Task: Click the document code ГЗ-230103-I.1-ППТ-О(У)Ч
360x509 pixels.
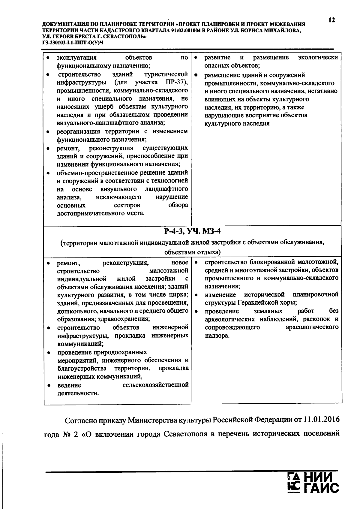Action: [73, 42]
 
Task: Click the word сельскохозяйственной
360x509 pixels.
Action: [156, 385]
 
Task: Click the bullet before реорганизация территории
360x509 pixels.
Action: [48, 131]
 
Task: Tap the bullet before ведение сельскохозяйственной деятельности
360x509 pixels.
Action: [48, 385]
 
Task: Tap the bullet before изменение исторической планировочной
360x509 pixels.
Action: [196, 295]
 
